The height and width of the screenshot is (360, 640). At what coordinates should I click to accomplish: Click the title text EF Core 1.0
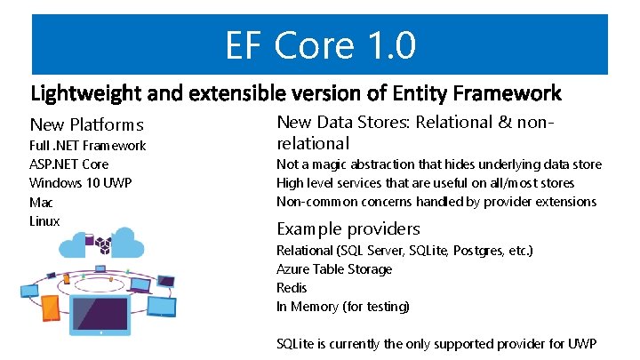point(320,45)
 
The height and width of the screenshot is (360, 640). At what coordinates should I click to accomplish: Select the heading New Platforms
point(86,124)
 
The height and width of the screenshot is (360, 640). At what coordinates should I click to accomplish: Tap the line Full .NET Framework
point(87,146)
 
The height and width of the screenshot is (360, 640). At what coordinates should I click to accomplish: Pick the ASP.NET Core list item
point(69,164)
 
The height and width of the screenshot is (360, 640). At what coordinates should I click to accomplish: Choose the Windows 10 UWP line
point(81,183)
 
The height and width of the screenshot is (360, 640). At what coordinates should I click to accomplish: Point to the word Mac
point(41,203)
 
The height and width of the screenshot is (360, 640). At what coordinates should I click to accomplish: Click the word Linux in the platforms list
point(44,220)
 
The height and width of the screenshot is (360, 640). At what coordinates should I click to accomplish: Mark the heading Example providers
point(348,228)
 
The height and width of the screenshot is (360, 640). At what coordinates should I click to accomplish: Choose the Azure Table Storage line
point(334,269)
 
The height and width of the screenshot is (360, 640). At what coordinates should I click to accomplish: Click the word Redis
point(292,288)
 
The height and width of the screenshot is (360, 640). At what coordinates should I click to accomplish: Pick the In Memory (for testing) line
point(343,307)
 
